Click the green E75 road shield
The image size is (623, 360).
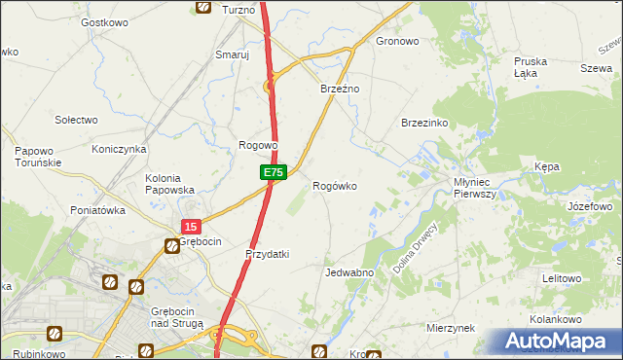pyautogui.click(x=273, y=172)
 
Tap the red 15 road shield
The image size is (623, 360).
pyautogui.click(x=189, y=227)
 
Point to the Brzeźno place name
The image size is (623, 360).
pyautogui.click(x=341, y=89)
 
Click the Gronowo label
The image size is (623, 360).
pyautogui.click(x=397, y=42)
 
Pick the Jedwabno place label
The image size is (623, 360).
pyautogui.click(x=350, y=273)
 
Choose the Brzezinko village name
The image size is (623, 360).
pyautogui.click(x=424, y=124)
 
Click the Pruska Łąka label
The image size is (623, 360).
pyautogui.click(x=531, y=67)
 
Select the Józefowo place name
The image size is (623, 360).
pyautogui.click(x=588, y=207)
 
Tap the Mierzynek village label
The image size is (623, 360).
pyautogui.click(x=450, y=329)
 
